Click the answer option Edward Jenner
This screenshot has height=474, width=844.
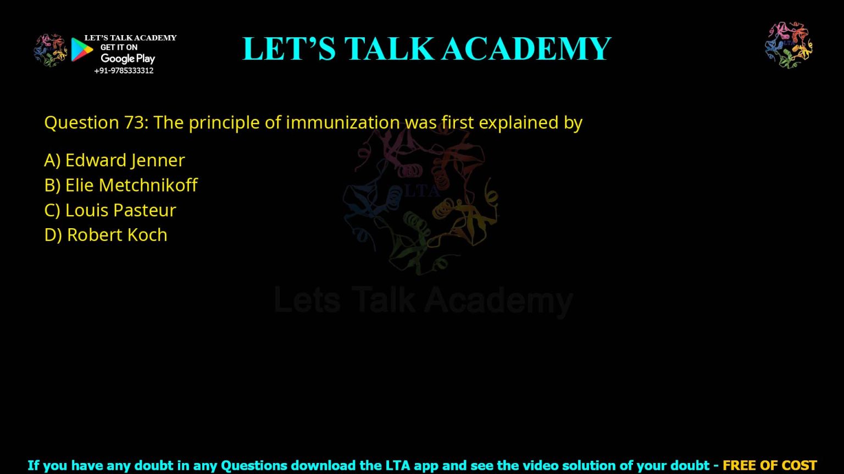(x=114, y=160)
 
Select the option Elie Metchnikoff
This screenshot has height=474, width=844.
(x=120, y=185)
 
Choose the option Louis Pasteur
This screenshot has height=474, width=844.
(x=110, y=210)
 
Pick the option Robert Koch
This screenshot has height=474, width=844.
(x=105, y=235)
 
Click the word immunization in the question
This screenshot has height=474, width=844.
(x=342, y=122)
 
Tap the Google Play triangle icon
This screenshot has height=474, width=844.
(x=81, y=49)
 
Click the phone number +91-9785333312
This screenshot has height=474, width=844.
(x=124, y=71)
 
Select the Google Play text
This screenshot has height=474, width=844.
(x=127, y=59)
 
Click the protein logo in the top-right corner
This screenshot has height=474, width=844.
(x=789, y=45)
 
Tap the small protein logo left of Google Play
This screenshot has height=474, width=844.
(x=50, y=50)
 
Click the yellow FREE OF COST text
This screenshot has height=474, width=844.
(x=769, y=466)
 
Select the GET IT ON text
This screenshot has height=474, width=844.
(x=119, y=48)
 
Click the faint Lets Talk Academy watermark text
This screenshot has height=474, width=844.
(x=423, y=301)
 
